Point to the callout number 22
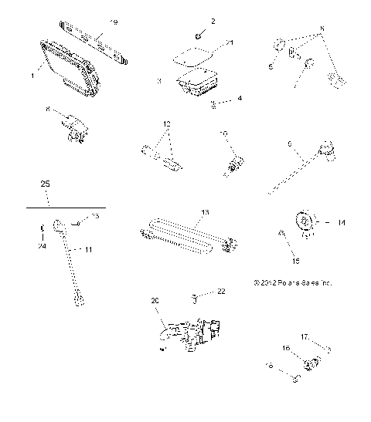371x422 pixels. point(221,292)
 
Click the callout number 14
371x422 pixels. point(342,222)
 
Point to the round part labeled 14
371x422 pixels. point(306,224)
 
